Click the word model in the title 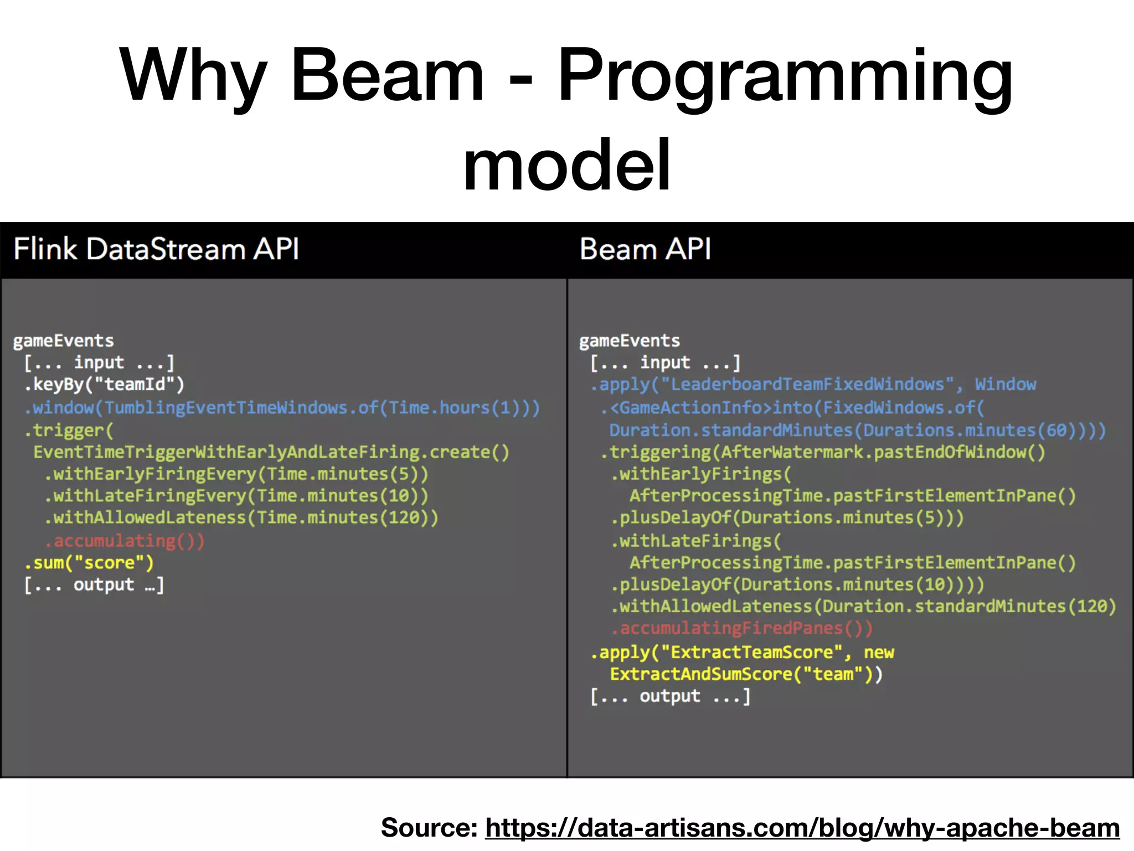click(x=567, y=165)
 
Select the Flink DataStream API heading click(x=156, y=249)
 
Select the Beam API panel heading click(x=645, y=249)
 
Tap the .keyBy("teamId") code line click(x=104, y=384)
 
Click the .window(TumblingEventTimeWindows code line click(x=281, y=408)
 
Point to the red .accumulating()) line click(x=125, y=540)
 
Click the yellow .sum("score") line click(x=89, y=562)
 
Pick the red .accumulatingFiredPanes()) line click(x=742, y=628)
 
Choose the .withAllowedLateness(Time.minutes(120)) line click(x=241, y=517)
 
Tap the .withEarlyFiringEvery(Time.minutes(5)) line click(x=236, y=474)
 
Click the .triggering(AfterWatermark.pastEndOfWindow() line click(x=823, y=452)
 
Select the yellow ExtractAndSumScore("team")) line click(x=746, y=674)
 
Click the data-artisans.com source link click(x=802, y=828)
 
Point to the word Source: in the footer click(x=429, y=828)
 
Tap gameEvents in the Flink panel click(x=63, y=340)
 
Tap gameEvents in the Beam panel click(x=630, y=340)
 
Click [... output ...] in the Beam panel click(x=670, y=696)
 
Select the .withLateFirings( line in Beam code click(x=696, y=540)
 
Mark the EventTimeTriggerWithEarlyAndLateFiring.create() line click(x=271, y=452)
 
